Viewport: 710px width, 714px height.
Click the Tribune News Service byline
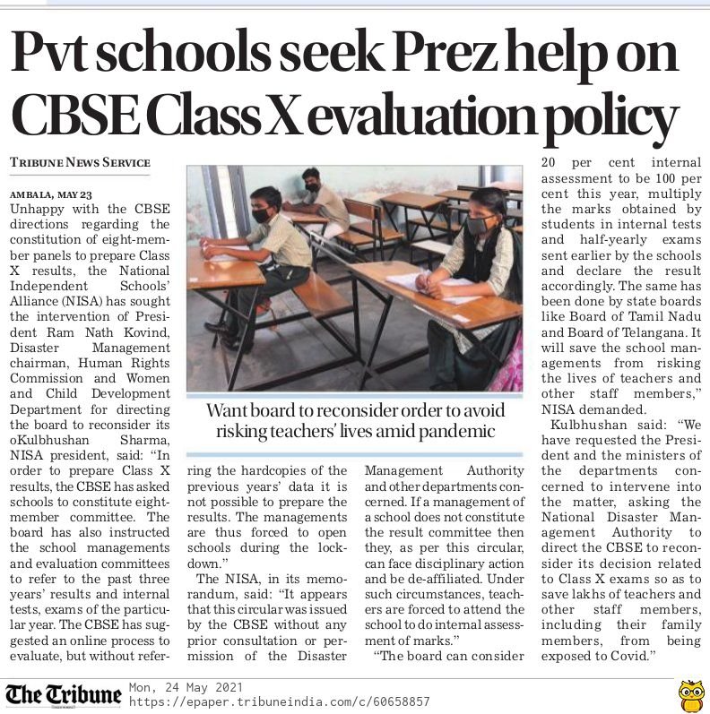[x=80, y=163]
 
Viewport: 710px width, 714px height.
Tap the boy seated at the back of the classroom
[x=316, y=201]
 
